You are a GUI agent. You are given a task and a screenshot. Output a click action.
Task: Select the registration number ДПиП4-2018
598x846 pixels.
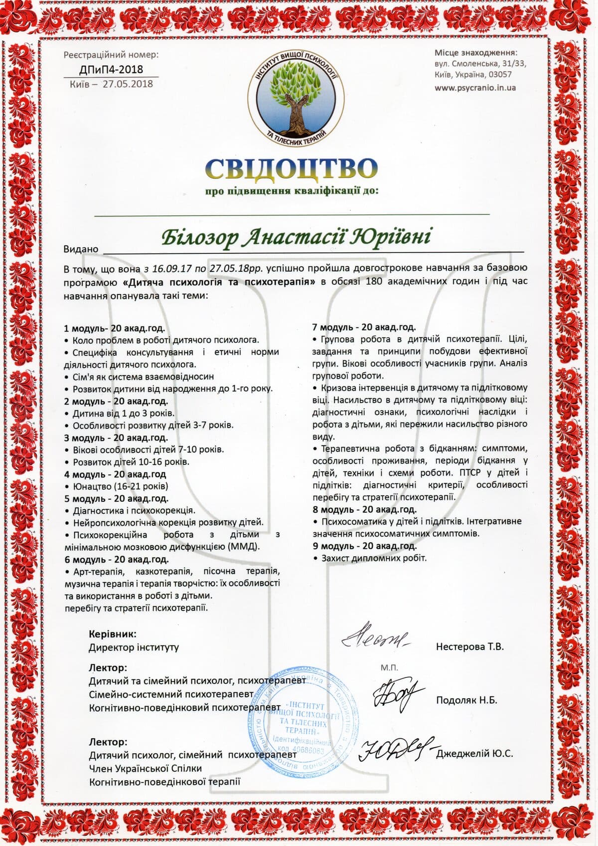pyautogui.click(x=111, y=69)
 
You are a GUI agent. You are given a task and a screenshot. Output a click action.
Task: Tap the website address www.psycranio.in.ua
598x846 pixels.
pyautogui.click(x=475, y=88)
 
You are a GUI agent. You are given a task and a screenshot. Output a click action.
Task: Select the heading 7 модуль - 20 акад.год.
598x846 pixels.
pyautogui.click(x=364, y=327)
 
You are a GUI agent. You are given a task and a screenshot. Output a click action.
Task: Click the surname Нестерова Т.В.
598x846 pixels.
pyautogui.click(x=469, y=646)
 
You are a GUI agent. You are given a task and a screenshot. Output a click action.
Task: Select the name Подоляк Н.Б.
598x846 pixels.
pyautogui.click(x=466, y=700)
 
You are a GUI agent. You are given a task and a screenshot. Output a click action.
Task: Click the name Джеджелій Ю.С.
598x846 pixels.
pyautogui.click(x=474, y=754)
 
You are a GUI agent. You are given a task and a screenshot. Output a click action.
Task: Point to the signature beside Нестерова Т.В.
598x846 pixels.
pyautogui.click(x=375, y=637)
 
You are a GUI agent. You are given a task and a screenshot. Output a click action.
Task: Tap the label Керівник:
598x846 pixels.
pyautogui.click(x=112, y=634)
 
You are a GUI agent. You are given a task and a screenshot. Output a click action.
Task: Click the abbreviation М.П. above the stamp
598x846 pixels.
pyautogui.click(x=389, y=667)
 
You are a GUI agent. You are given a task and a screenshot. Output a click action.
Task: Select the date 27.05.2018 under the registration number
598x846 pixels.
pyautogui.click(x=128, y=84)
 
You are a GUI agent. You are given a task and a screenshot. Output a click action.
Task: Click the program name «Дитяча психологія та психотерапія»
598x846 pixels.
pyautogui.click(x=219, y=282)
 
